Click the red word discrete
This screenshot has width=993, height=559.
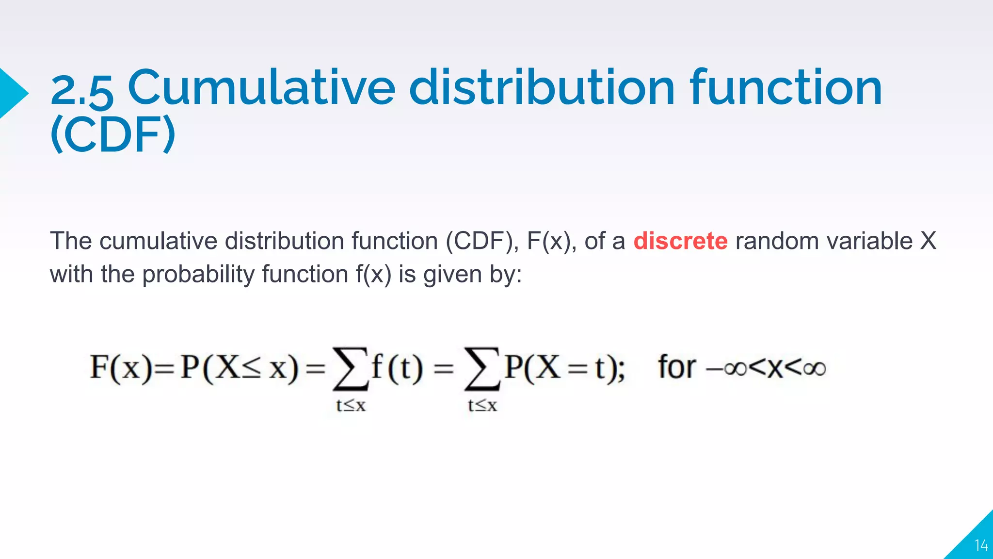pyautogui.click(x=680, y=241)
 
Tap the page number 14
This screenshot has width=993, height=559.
pyautogui.click(x=981, y=546)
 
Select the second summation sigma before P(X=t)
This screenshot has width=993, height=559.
pyautogui.click(x=481, y=369)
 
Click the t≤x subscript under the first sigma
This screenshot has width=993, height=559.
pyautogui.click(x=351, y=405)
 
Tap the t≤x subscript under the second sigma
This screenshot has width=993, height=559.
pyautogui.click(x=482, y=405)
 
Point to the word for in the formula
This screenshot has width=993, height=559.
pyautogui.click(x=677, y=367)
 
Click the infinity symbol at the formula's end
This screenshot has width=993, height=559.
pyautogui.click(x=814, y=369)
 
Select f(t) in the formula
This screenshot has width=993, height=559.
pyautogui.click(x=397, y=367)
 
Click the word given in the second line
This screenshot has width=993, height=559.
pyautogui.click(x=452, y=275)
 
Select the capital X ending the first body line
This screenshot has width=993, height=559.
pyautogui.click(x=928, y=241)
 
